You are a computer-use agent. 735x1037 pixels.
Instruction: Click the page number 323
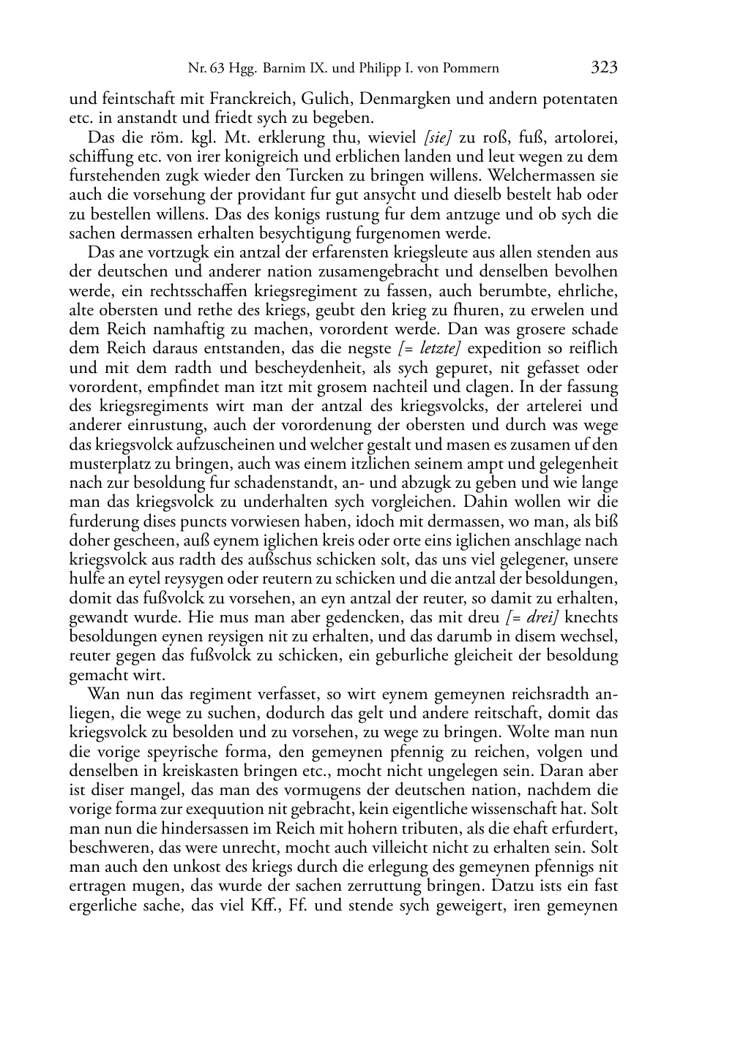(x=604, y=68)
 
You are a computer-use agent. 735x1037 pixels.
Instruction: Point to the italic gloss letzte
(x=438, y=349)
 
